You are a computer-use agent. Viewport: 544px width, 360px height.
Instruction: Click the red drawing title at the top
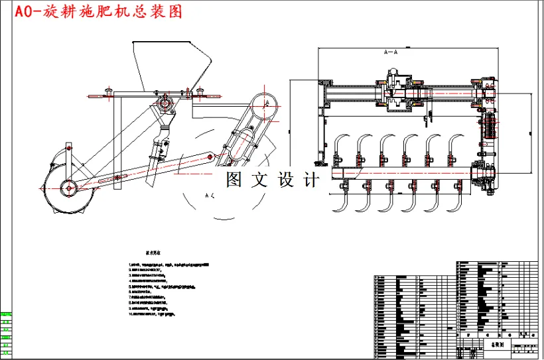[93, 11]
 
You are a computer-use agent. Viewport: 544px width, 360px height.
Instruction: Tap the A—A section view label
[391, 51]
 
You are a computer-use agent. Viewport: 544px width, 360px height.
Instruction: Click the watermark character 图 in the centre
[234, 180]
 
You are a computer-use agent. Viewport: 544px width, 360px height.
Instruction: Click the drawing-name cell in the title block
[496, 345]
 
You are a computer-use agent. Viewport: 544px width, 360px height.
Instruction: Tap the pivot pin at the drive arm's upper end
[210, 157]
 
